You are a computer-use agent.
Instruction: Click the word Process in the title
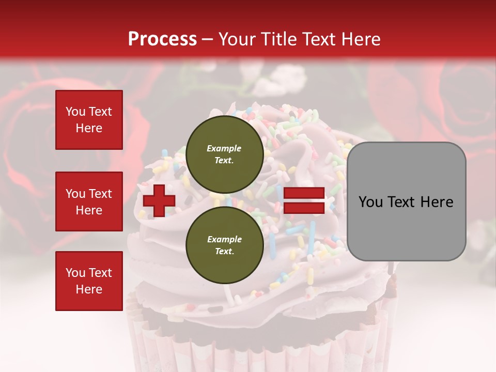tap(162, 39)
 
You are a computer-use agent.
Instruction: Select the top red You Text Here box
tap(89, 120)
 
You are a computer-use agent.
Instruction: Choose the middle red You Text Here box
tap(89, 202)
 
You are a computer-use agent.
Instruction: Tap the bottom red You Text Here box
tap(89, 281)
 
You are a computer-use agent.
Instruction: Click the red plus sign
tap(159, 200)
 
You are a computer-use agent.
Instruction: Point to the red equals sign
tap(304, 200)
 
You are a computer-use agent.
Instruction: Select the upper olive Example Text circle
tap(224, 154)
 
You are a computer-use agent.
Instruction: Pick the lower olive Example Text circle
tap(224, 245)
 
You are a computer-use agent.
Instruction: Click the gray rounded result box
tap(406, 202)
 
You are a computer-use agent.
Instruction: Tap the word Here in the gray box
tap(437, 202)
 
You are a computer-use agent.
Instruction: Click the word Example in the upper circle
tap(224, 148)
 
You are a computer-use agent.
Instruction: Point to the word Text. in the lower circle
tap(224, 251)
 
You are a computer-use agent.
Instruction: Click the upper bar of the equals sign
tap(304, 193)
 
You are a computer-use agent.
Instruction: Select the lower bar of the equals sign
tap(304, 208)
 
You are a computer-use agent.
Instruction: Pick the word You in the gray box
tap(370, 202)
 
